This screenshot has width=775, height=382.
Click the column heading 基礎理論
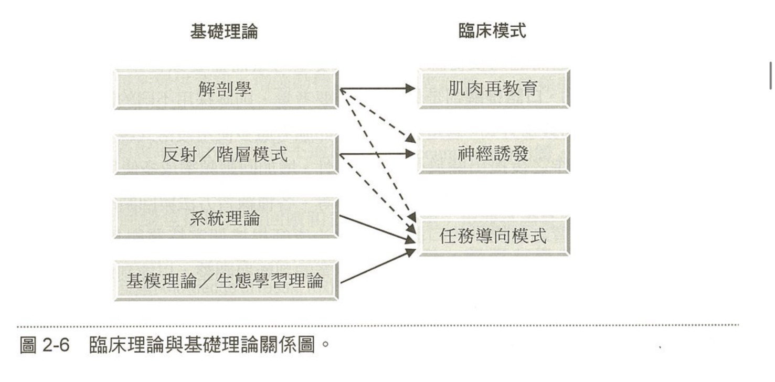224,32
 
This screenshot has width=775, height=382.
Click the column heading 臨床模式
492,32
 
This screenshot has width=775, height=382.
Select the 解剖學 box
226,89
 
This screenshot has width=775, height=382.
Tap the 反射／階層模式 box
226,155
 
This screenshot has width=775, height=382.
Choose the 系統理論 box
226,218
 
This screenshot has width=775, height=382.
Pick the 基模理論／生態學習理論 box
226,281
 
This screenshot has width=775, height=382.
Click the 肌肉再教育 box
493,88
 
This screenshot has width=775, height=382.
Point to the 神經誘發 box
493,154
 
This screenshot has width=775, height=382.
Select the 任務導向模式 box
493,236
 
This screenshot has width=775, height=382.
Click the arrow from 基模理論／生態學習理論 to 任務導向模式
375,268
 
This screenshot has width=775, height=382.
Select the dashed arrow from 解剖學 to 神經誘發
378,115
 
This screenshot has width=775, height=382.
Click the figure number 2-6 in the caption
55,346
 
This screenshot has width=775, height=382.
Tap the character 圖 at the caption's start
28,346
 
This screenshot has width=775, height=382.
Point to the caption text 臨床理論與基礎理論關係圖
202,346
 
